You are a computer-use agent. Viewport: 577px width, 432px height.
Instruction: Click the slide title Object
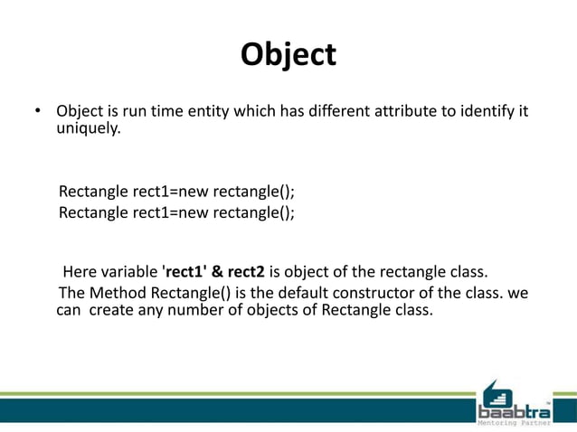point(288,55)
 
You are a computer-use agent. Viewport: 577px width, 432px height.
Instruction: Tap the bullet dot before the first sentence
point(38,113)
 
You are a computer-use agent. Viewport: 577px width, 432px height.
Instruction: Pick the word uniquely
point(87,129)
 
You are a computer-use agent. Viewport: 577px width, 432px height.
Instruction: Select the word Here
point(79,273)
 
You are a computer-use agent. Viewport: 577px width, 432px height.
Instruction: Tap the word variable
point(129,273)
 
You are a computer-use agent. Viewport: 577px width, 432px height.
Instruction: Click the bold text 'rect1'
point(184,273)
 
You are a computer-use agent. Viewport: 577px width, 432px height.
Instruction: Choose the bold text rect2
point(247,273)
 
